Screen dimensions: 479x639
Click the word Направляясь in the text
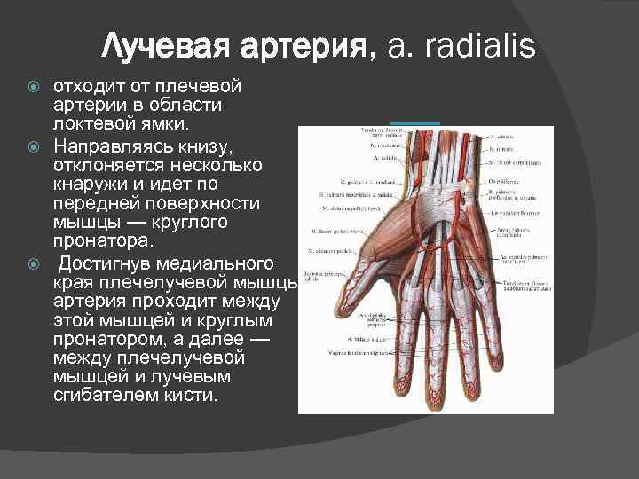coord(112,145)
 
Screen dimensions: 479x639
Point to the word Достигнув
coord(108,264)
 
